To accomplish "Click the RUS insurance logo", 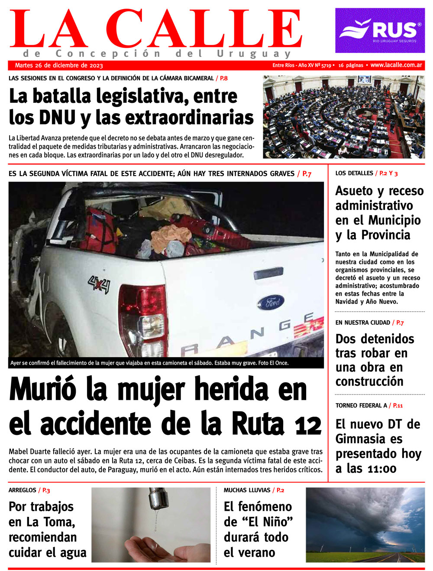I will pos(380,30).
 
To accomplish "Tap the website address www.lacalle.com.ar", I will pos(396,65).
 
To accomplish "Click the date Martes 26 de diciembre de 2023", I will pos(59,65).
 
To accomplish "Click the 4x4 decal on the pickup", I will pos(99,285).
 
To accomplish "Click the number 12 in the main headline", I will pos(308,426).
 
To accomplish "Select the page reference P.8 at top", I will pos(223,78).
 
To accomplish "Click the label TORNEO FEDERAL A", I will pos(361,405).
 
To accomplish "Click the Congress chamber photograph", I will pos(343,117).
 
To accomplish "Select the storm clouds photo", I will pos(365,525).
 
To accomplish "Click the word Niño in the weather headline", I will pos(272,522).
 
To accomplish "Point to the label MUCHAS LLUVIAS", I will pos(247,490).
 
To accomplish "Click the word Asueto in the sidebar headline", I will pos(354,191).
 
